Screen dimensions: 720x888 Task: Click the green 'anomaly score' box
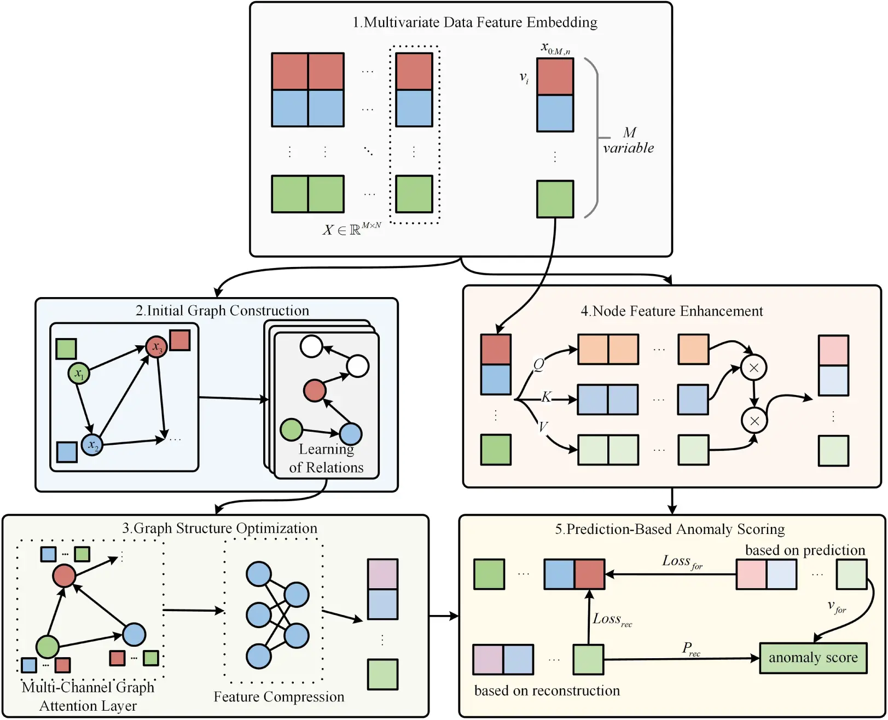[813, 658]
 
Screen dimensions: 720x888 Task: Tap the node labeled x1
[79, 374]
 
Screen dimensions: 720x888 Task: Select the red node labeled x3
[156, 347]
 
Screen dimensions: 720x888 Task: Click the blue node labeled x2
[92, 444]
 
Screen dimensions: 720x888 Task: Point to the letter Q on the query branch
[538, 364]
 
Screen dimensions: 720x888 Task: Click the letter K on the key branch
[546, 397]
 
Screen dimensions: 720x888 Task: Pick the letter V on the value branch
[543, 426]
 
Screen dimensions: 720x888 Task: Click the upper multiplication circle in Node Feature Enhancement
[753, 368]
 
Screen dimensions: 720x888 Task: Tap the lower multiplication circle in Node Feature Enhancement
[754, 420]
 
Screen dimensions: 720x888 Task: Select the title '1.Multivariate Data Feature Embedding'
[474, 22]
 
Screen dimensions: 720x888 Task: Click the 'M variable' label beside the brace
[629, 141]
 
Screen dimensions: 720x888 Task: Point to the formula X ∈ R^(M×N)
[351, 229]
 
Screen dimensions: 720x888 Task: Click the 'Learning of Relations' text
[326, 458]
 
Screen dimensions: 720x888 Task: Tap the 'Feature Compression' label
[278, 696]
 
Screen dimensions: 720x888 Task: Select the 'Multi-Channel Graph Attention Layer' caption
[88, 696]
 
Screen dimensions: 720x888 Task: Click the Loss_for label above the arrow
[682, 562]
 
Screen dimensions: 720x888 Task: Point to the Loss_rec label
[612, 619]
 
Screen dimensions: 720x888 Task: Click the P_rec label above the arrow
[690, 649]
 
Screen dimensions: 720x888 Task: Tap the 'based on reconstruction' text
[547, 690]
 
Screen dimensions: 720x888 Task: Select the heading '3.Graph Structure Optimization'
[219, 528]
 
